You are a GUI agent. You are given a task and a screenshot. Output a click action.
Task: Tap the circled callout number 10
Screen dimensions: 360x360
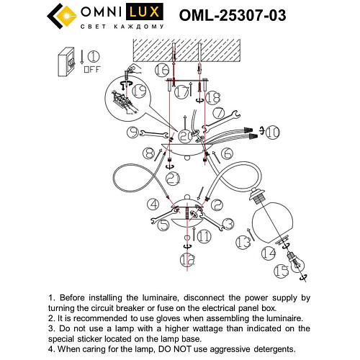click(x=273, y=132)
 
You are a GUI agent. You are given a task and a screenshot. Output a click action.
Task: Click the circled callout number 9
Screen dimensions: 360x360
click(x=132, y=131)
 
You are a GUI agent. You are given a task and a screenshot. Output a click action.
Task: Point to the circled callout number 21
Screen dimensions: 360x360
click(x=171, y=178)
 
